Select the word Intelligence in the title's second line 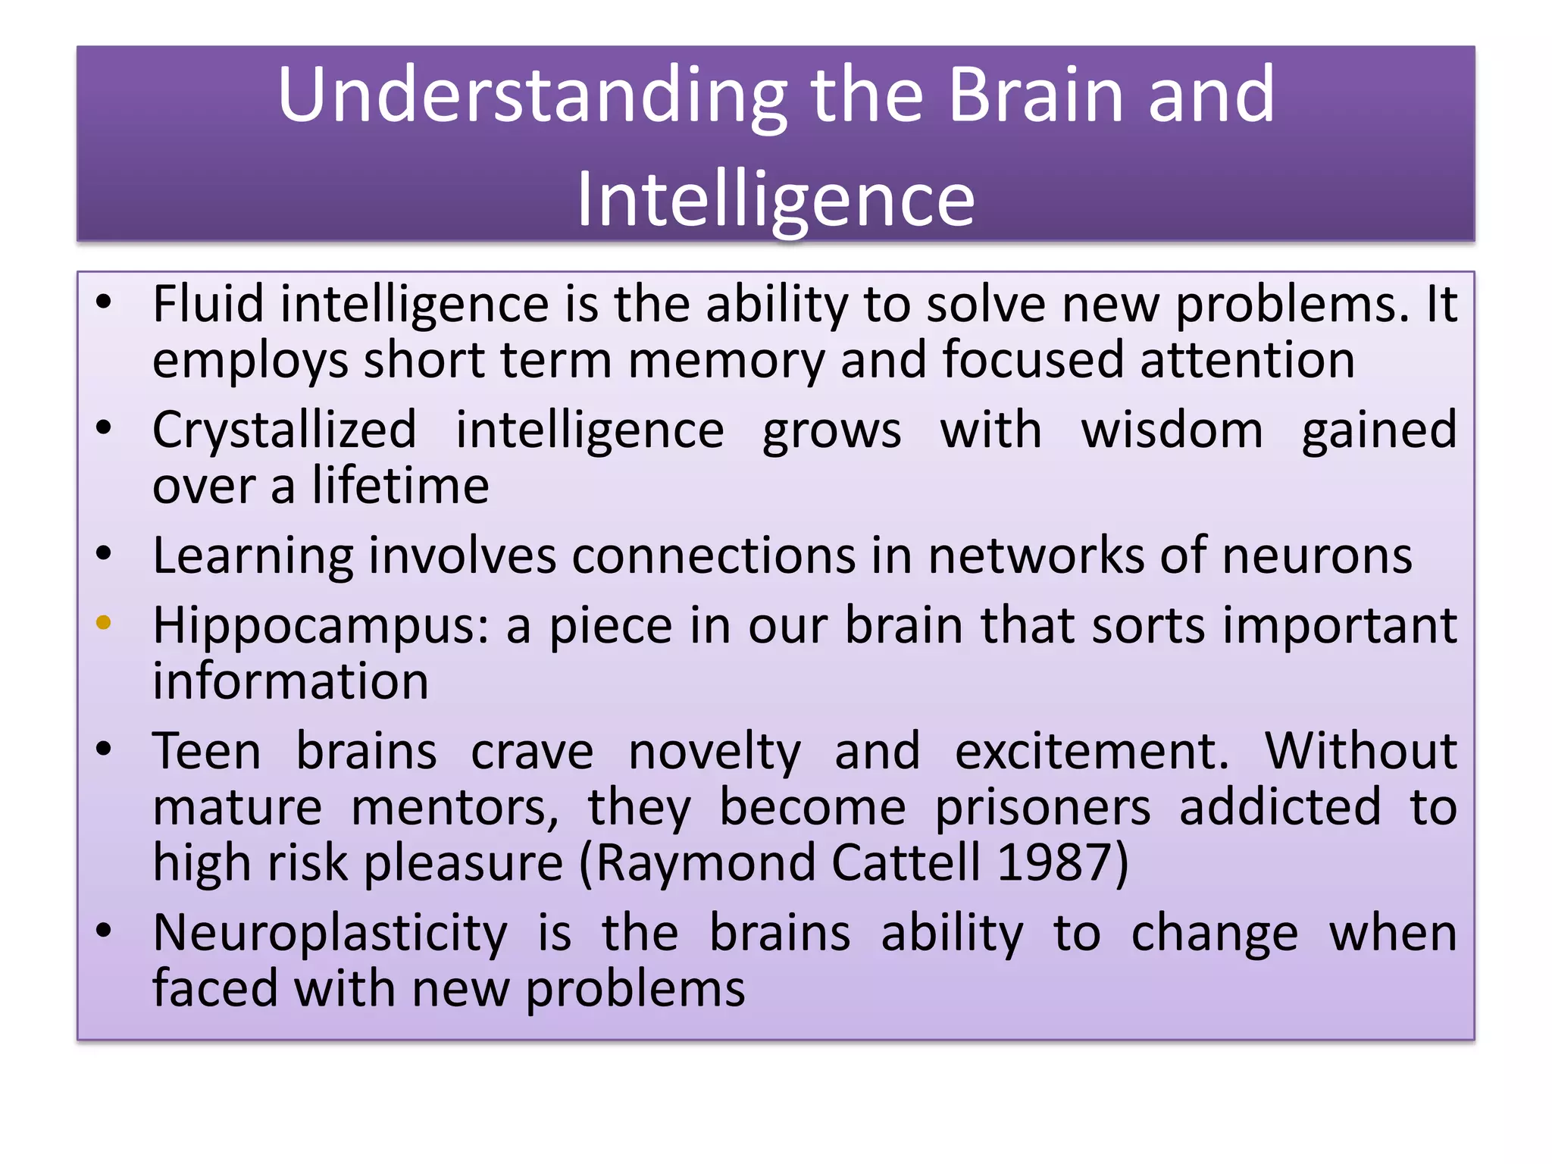coord(775,199)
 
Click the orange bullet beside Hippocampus coord(104,624)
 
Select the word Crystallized coord(284,430)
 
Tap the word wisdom coord(1172,430)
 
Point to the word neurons coord(1317,555)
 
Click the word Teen coord(206,751)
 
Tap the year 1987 coord(1062,862)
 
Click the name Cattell coord(906,862)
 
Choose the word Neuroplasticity coord(330,934)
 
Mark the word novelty coord(714,753)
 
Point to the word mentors coord(455,808)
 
